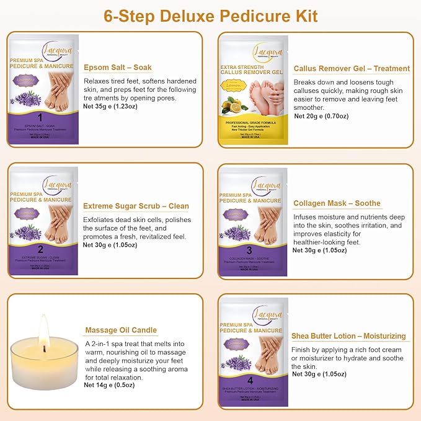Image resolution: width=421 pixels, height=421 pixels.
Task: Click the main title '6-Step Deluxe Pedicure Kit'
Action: click(x=211, y=15)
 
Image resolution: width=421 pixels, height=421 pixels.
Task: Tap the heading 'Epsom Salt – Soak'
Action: click(x=117, y=67)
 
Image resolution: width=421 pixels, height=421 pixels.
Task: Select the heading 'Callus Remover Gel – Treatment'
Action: click(x=352, y=69)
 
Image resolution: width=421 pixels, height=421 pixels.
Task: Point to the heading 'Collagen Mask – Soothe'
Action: click(x=337, y=203)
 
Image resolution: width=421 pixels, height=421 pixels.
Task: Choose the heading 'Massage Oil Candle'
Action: click(x=120, y=330)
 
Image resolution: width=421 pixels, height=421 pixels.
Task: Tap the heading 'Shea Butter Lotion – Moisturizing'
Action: click(x=348, y=336)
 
